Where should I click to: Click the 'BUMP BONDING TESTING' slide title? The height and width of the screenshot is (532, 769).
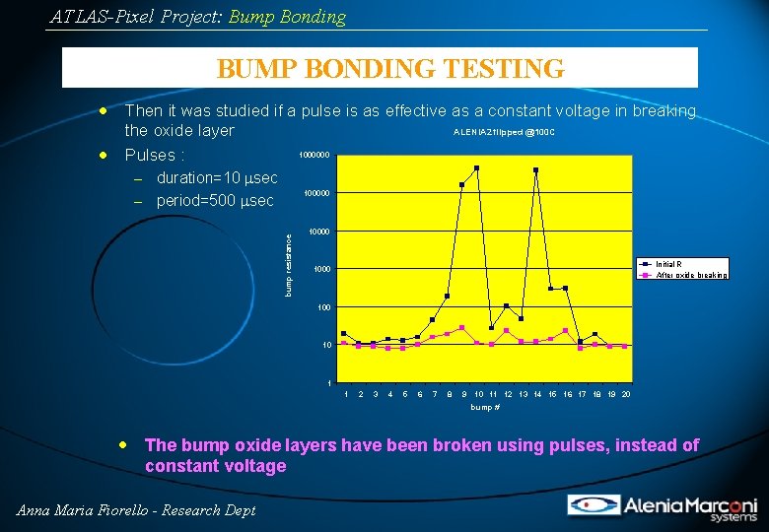coord(390,68)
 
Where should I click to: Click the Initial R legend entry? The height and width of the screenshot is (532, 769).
coord(669,264)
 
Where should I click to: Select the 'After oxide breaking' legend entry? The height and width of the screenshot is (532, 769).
coord(691,275)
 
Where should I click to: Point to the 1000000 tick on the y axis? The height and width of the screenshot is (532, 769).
coord(315,156)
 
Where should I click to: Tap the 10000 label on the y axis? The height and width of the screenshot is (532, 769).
coord(319,232)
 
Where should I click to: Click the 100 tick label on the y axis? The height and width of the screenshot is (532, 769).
coord(323,307)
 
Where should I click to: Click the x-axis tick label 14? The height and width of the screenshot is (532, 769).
coord(537,394)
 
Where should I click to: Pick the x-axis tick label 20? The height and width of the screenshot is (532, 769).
coord(626,394)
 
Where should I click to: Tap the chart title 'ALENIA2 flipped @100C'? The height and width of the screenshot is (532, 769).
coord(504,132)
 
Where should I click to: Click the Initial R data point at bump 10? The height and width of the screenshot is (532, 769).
coord(477,168)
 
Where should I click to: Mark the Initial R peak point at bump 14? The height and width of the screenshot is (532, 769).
coord(536,170)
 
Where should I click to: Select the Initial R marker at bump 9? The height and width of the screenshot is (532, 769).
coord(462,184)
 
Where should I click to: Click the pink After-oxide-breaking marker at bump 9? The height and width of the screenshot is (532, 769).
coord(462,327)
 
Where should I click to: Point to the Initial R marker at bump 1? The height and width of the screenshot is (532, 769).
coord(344,334)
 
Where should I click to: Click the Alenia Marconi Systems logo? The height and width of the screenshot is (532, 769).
coord(662,506)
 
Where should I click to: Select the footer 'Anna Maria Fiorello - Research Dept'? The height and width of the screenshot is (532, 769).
coord(136,509)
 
